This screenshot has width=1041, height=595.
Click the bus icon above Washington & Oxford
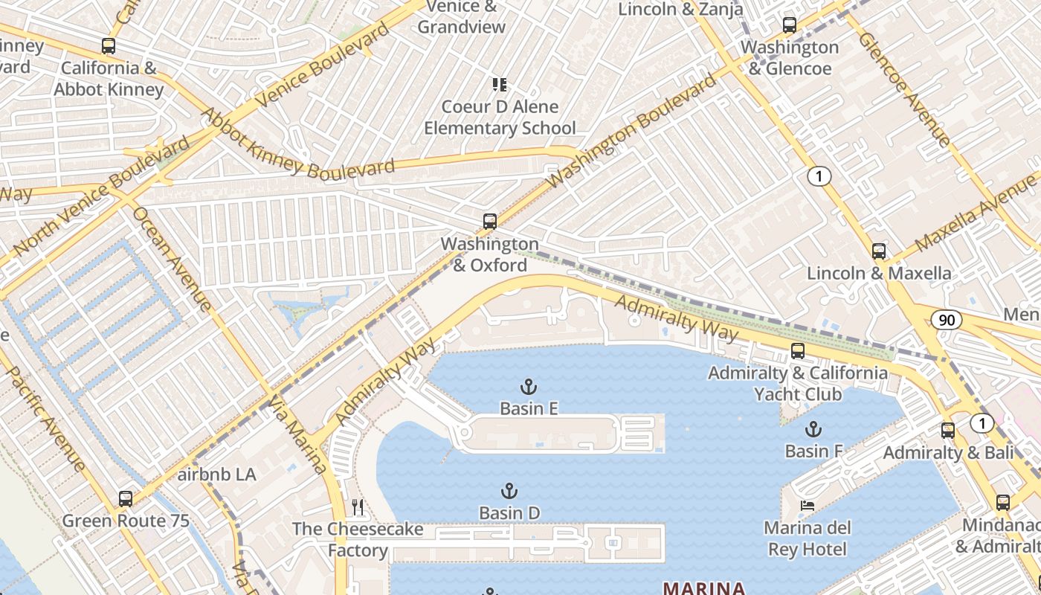489,221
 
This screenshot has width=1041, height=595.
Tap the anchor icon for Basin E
528,386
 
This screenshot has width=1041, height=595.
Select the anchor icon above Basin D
509,491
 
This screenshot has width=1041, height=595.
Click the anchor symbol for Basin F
813,429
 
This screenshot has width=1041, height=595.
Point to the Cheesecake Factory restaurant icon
358,507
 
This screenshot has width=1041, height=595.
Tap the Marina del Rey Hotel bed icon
807,506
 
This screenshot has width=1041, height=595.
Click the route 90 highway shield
947,321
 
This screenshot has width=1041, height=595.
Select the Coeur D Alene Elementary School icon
499,85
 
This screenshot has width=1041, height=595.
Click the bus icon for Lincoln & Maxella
879,251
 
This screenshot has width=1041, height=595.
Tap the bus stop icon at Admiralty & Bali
948,430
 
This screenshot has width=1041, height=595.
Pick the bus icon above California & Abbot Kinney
109,46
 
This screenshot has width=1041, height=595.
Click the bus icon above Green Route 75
126,498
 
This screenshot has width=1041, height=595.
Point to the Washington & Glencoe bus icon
790,25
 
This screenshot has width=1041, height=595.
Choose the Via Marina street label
297,435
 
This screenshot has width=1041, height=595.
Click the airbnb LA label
216,475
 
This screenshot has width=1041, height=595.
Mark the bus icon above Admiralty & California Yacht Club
798,351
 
